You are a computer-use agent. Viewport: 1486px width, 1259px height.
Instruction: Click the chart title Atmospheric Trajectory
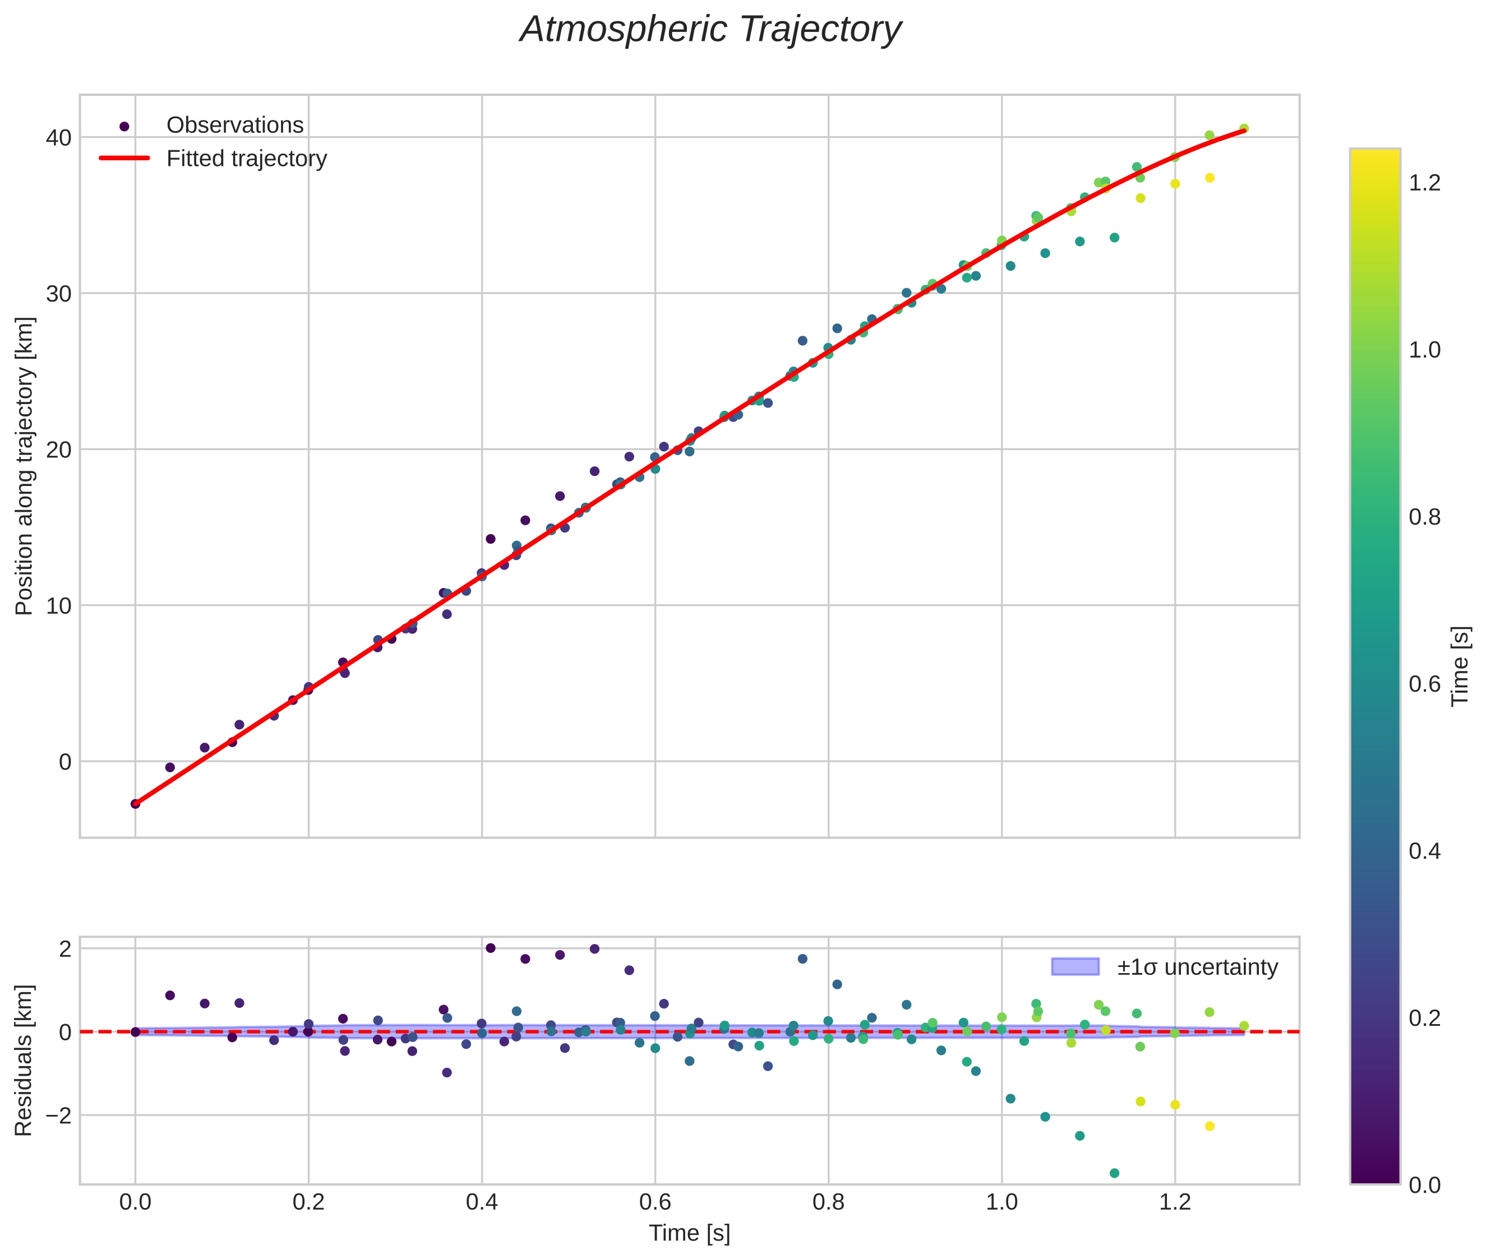pos(710,30)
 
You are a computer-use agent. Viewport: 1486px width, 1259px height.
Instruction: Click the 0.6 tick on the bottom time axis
pos(655,1202)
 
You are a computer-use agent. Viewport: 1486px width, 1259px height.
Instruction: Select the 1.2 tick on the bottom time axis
pos(1175,1202)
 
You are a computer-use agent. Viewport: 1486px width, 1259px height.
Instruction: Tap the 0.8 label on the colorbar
pos(1424,517)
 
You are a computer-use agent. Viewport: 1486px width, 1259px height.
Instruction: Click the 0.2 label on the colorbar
pos(1424,1018)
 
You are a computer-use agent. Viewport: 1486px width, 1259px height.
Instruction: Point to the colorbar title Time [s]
pos(1460,666)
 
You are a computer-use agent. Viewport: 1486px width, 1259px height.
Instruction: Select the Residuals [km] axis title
pos(24,1061)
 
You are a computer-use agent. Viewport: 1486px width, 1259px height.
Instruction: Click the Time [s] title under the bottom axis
pos(689,1233)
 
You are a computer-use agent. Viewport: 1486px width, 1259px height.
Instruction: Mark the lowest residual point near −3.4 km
pos(1114,1173)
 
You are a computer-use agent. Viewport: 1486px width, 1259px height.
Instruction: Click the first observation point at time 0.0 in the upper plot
pos(135,804)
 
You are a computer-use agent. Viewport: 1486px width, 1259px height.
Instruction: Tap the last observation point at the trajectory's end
pos(1244,128)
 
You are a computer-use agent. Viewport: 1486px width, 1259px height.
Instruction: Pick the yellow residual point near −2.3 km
pos(1210,1126)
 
